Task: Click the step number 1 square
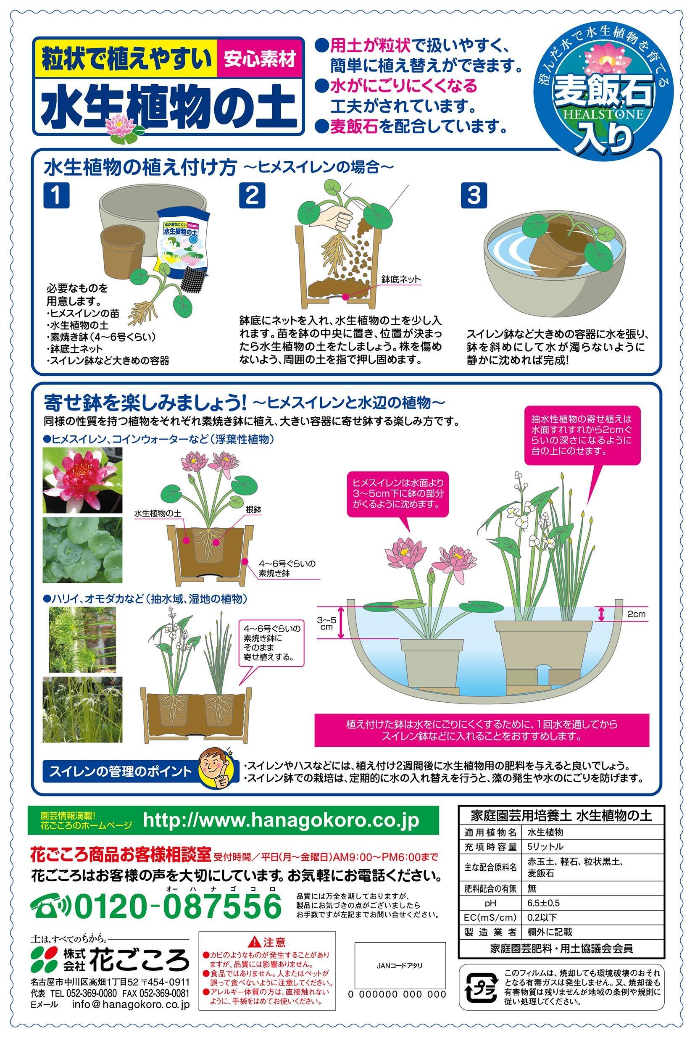pyautogui.click(x=57, y=195)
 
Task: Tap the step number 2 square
pyautogui.click(x=252, y=195)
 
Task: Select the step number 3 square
pyautogui.click(x=474, y=195)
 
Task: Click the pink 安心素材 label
pyautogui.click(x=260, y=59)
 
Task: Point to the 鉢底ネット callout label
pyautogui.click(x=401, y=279)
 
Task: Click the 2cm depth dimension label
pyautogui.click(x=636, y=614)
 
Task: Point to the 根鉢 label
pyautogui.click(x=253, y=510)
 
